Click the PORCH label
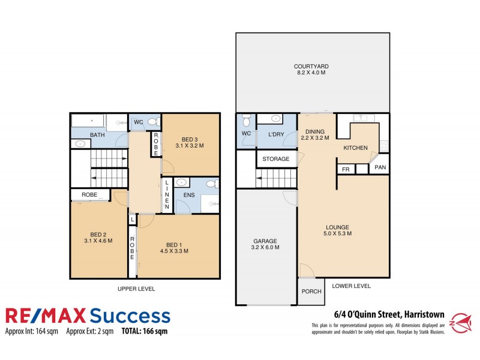point(311,292)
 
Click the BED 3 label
point(190,142)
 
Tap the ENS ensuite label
point(180,195)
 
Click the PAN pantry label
point(380,167)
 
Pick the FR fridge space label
point(346,169)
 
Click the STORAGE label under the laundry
point(275,159)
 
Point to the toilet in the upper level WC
point(152,122)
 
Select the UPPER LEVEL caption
point(136,289)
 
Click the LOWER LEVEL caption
point(351,286)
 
